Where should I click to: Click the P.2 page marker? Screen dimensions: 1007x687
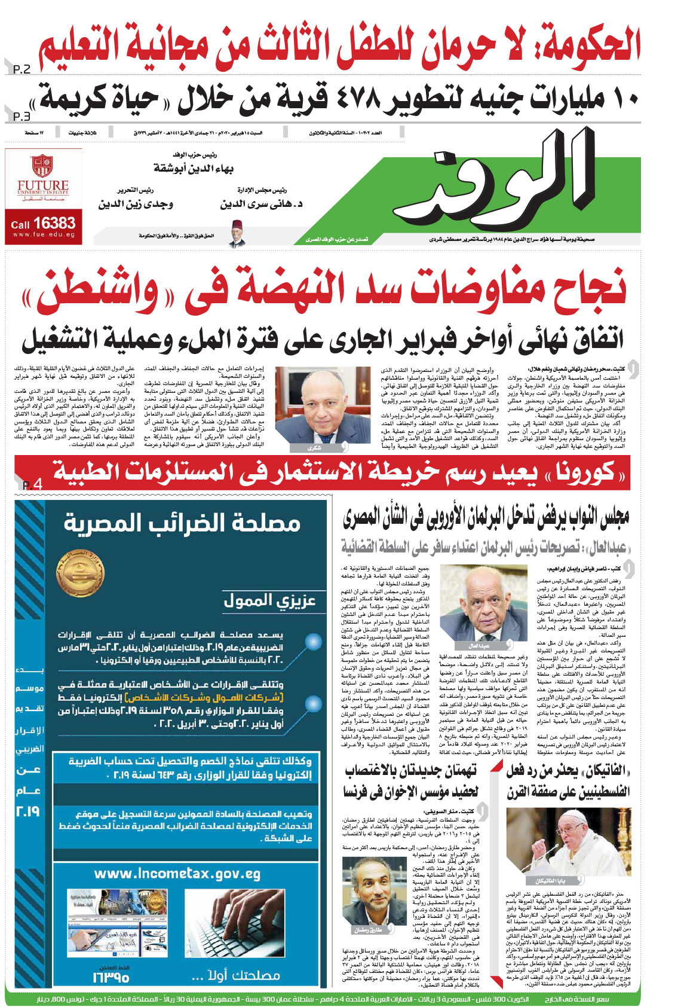[22, 69]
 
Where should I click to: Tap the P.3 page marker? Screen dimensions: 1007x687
[22, 116]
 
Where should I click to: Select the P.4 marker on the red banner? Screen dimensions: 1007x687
[32, 484]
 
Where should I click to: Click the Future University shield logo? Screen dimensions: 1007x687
[42, 166]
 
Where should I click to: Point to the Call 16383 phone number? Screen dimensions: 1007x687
[43, 224]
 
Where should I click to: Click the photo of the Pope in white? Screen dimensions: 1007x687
[568, 843]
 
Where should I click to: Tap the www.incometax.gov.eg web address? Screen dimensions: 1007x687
[177, 874]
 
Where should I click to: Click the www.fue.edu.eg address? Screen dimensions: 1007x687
[43, 235]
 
